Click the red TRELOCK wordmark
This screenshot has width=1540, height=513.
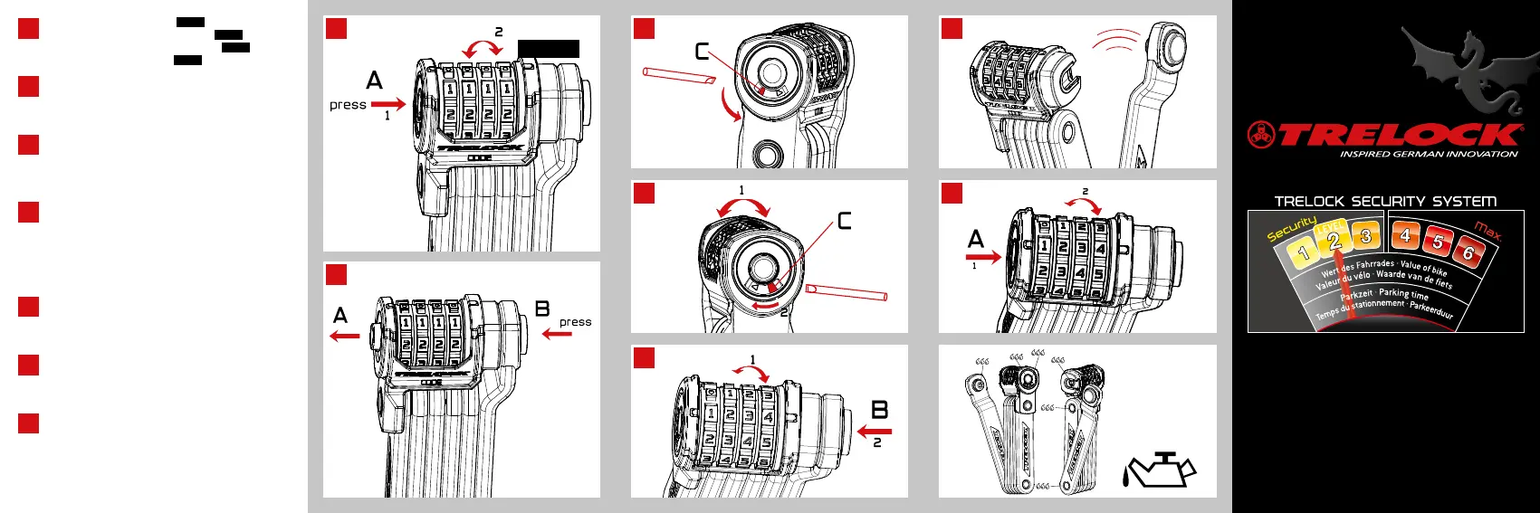click(1399, 136)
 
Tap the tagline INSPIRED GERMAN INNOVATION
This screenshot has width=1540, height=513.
click(1429, 155)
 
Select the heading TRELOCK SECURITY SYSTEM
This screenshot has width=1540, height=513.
click(1385, 201)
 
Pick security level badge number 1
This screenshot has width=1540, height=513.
click(1304, 253)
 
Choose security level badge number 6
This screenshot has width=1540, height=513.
click(1468, 253)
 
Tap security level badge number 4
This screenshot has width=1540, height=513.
click(1405, 236)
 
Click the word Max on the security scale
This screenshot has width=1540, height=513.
click(1487, 231)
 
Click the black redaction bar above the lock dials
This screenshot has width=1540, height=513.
click(549, 49)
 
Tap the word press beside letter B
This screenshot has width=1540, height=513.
click(575, 322)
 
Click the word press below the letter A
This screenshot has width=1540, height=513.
click(348, 105)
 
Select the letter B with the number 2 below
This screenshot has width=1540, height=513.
click(879, 410)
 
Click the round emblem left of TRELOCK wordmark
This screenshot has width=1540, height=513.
click(1261, 135)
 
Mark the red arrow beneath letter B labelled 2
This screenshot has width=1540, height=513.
click(875, 432)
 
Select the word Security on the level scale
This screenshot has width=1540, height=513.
click(1291, 229)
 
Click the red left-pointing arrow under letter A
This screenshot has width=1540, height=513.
click(344, 337)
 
